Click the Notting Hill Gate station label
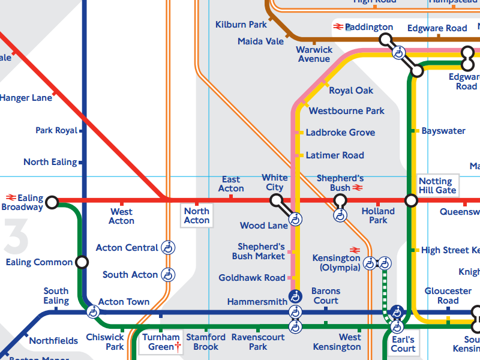tap(437, 185)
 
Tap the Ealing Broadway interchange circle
tap(52, 202)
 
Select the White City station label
tap(275, 182)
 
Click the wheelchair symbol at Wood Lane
tap(295, 220)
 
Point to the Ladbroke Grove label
tap(340, 133)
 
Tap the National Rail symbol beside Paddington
tap(338, 26)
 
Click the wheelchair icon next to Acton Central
tap(169, 247)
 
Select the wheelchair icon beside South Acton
tap(169, 275)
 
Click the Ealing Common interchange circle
tap(82, 262)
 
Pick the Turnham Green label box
tap(160, 343)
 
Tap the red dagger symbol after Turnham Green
tap(178, 347)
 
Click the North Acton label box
tap(197, 215)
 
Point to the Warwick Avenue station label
tap(314, 54)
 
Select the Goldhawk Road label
tap(252, 278)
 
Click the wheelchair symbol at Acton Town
tap(93, 311)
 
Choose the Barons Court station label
tap(326, 296)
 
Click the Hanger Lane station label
tap(26, 97)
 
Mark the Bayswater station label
tap(443, 131)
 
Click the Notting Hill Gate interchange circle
tap(411, 200)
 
